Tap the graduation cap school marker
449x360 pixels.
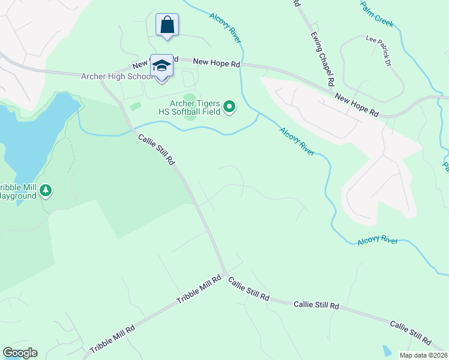(x=161, y=65)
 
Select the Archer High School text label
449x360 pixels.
(x=118, y=76)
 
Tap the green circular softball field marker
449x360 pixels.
(x=229, y=107)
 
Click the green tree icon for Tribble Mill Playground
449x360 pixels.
(x=46, y=191)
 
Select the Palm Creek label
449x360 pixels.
(x=377, y=13)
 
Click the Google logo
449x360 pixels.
(x=20, y=353)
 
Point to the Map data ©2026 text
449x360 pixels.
(x=423, y=355)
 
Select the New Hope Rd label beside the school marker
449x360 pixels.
(x=217, y=62)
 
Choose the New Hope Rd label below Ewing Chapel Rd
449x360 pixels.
(x=357, y=105)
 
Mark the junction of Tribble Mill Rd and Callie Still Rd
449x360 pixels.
(x=226, y=275)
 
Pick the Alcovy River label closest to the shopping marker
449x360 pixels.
(x=225, y=28)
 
